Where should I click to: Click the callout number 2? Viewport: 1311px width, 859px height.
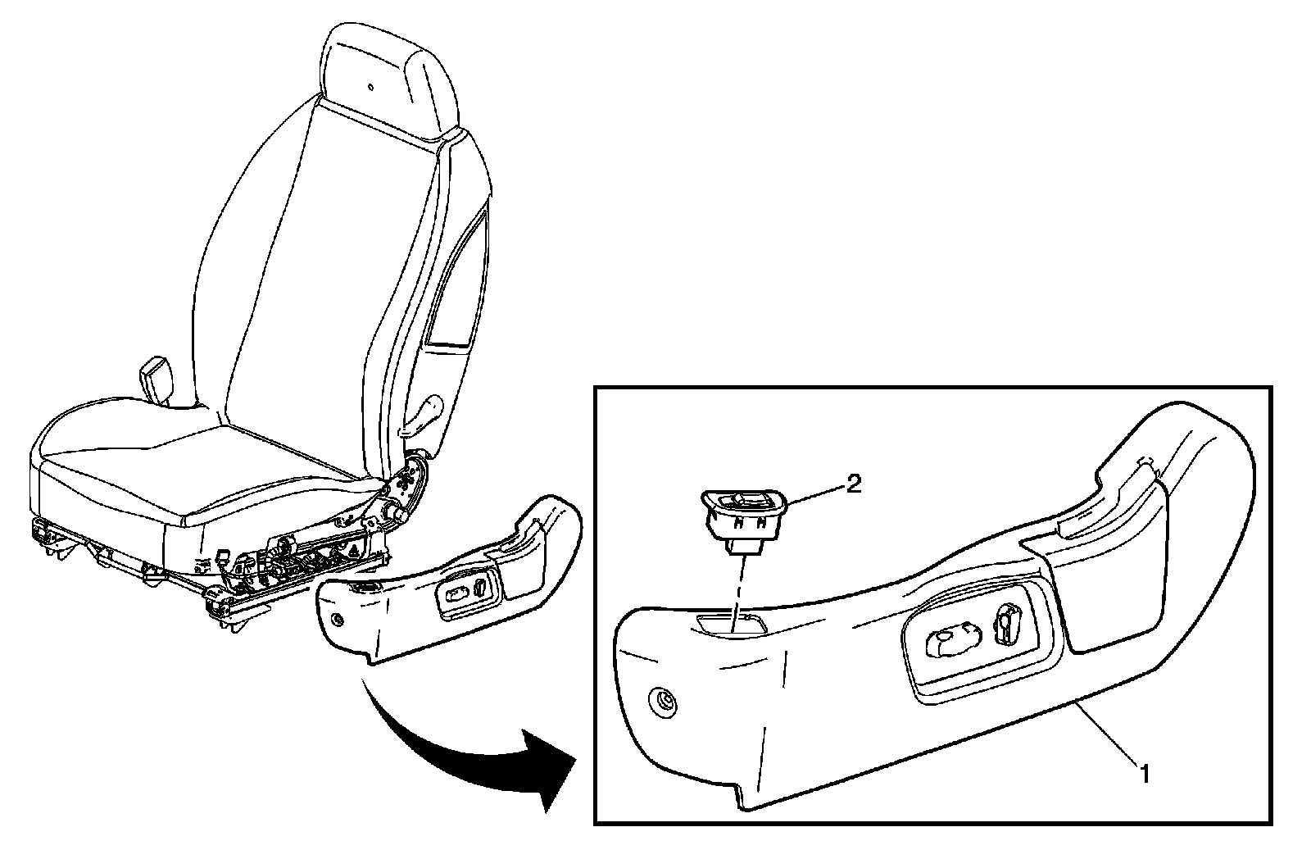pyautogui.click(x=853, y=484)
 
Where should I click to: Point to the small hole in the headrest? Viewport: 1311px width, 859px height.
pyautogui.click(x=370, y=87)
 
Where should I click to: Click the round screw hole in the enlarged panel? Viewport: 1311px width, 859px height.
pyautogui.click(x=665, y=701)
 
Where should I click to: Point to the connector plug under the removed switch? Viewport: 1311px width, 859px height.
pyautogui.click(x=743, y=548)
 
